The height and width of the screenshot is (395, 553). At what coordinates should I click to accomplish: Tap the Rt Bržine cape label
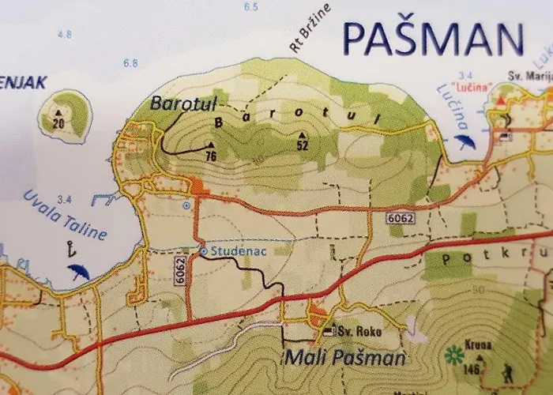click(x=310, y=28)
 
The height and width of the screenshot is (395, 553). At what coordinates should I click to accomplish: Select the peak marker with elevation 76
click(x=210, y=145)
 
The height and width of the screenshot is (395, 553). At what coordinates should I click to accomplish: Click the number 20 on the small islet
click(x=58, y=123)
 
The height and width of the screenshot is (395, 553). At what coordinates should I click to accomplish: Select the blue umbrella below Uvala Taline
click(x=78, y=273)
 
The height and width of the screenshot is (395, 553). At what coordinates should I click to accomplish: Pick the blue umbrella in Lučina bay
click(x=465, y=141)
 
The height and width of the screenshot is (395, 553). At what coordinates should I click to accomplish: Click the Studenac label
click(x=230, y=251)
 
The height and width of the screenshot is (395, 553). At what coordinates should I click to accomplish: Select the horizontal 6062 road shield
click(x=401, y=216)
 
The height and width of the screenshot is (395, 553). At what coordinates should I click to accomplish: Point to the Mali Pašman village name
click(x=345, y=359)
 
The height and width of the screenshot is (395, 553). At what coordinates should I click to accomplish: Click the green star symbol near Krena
click(x=453, y=355)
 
